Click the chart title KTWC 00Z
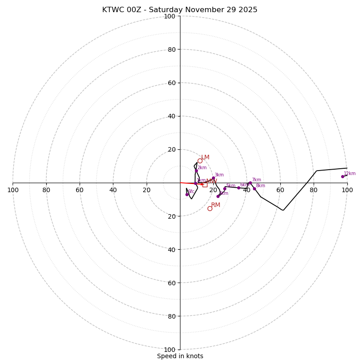[x=180, y=10]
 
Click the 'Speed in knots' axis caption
[x=180, y=356]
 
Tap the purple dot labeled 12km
[x=342, y=176]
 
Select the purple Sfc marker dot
[x=187, y=194]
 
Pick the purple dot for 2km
[x=196, y=171]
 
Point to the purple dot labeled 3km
[x=213, y=178]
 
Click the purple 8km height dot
[x=254, y=189]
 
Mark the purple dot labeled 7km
[x=250, y=183]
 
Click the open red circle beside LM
[x=200, y=161]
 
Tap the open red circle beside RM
[x=210, y=208]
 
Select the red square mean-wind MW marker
[x=205, y=184]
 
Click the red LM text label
[x=205, y=157]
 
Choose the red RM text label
[x=216, y=205]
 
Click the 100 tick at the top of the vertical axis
[x=170, y=16]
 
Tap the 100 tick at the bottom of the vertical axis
[x=170, y=350]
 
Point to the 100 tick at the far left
[x=13, y=190]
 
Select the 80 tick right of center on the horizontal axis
[x=314, y=190]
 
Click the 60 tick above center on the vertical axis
[x=171, y=83]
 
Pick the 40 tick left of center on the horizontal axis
[x=113, y=190]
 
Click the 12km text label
[x=350, y=173]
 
